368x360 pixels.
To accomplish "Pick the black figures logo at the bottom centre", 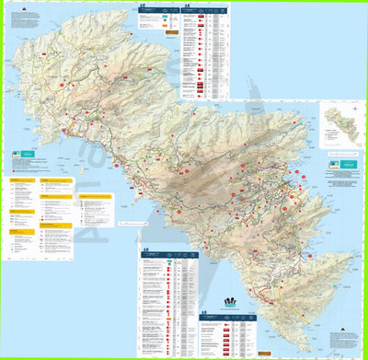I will [229, 301].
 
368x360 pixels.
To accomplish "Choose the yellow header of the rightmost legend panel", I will [95, 196].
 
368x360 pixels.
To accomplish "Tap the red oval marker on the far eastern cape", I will [312, 256].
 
